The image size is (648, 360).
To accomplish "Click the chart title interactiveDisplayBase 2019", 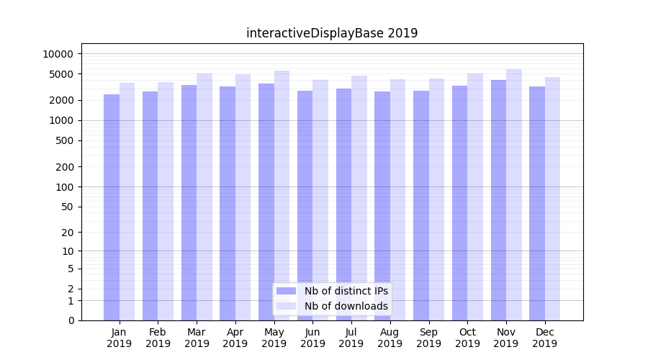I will coord(332,33).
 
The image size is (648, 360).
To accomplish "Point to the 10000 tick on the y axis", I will coord(58,54).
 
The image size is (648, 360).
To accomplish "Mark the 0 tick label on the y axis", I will coord(71,320).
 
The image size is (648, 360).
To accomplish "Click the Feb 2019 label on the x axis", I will coord(158,338).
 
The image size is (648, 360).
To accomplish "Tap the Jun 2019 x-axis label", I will coord(312,338).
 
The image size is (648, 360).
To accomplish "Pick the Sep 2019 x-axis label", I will coord(428,338).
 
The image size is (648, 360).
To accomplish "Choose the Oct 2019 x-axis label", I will coord(467,338).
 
